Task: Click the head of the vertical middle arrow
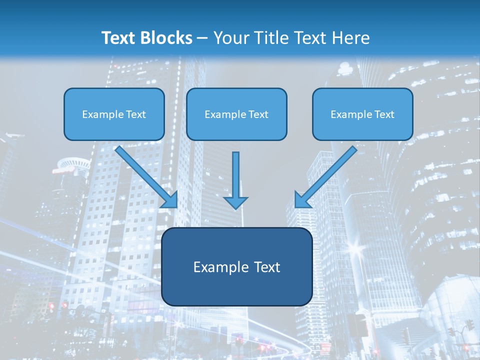tap(235, 202)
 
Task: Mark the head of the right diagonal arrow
tap(302, 199)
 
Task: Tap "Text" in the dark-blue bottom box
tap(266, 267)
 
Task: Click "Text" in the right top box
tap(384, 114)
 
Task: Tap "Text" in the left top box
tap(136, 114)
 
